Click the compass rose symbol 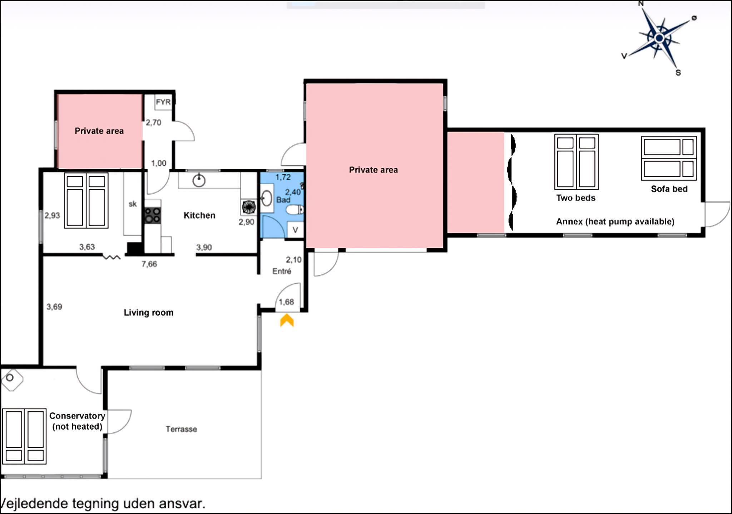tap(659, 38)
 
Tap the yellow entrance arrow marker tap(287, 320)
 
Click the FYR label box tap(163, 102)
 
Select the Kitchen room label tap(199, 215)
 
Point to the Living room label tap(149, 313)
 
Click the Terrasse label tap(181, 429)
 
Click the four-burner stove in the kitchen tap(153, 216)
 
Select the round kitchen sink tap(199, 181)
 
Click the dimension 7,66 tap(149, 264)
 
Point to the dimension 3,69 tap(54, 307)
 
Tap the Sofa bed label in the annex tap(669, 189)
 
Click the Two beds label tap(576, 198)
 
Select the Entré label tap(282, 271)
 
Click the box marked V tap(295, 230)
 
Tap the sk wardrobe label tap(133, 204)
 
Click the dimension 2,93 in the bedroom tap(52, 215)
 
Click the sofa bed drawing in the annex tap(669, 158)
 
